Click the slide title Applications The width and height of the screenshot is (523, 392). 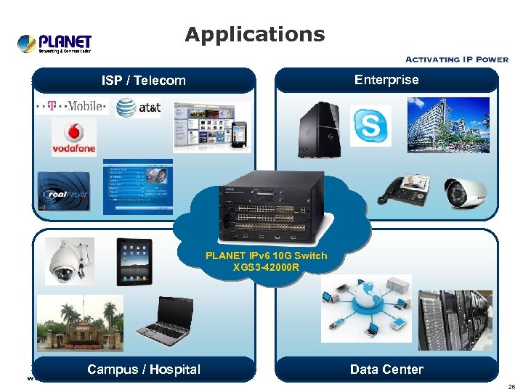254,34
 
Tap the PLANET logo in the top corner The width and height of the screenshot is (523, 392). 54,44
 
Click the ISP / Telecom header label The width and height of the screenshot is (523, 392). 144,81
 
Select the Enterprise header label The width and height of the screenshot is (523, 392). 386,80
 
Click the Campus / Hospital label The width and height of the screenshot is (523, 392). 144,369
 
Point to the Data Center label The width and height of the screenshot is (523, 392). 386,369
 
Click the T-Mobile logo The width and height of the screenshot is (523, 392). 72,106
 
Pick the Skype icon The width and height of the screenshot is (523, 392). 370,126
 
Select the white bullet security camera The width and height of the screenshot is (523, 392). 466,190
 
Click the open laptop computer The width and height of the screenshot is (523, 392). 166,322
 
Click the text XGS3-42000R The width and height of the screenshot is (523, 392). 266,267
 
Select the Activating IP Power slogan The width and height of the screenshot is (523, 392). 456,60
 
